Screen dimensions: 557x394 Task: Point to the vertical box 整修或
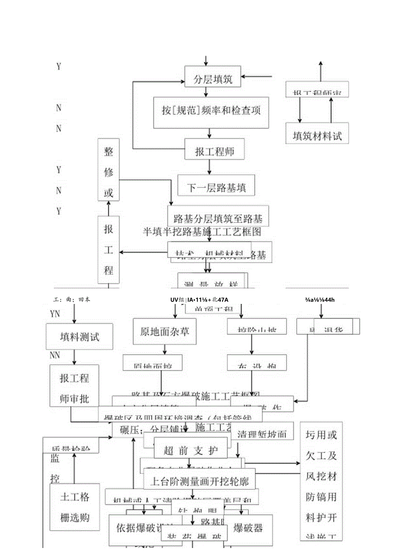coord(108,170)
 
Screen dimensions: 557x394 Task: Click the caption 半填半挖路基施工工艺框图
coord(202,232)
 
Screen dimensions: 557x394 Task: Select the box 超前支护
coord(191,450)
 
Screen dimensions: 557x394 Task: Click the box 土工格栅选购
coord(75,507)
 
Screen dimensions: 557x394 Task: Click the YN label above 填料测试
coord(55,314)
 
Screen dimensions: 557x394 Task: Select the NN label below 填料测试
coord(55,355)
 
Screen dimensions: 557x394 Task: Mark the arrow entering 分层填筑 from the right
coord(257,77)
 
